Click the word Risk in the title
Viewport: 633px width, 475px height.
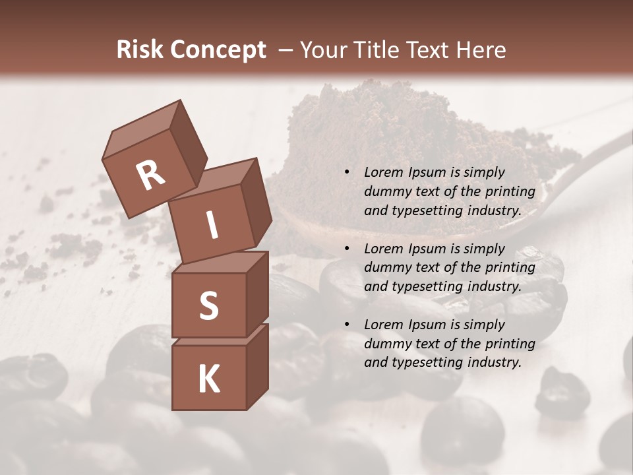[140, 50]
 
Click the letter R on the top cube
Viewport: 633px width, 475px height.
[150, 175]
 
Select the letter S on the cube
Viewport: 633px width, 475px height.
[208, 305]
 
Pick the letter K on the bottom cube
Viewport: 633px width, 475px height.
[208, 379]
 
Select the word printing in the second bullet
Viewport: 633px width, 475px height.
[510, 268]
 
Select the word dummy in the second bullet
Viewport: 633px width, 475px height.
[387, 268]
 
